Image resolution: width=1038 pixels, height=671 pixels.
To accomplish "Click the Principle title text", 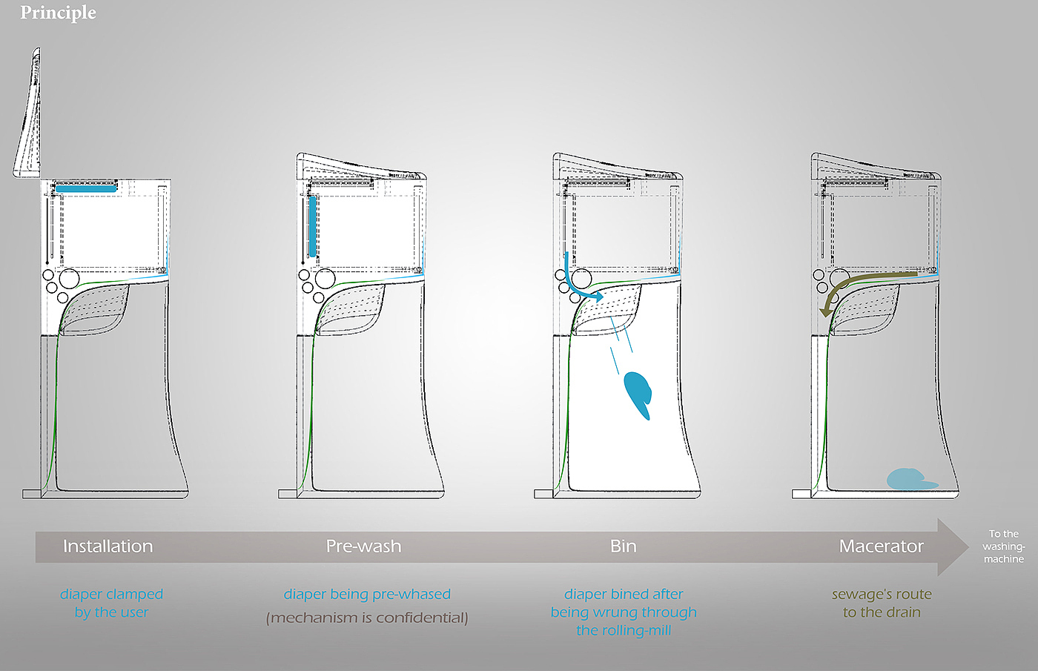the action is [58, 13].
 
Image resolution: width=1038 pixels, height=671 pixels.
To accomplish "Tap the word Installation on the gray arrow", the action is [108, 546].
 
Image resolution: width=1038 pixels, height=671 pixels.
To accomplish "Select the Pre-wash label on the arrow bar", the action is [364, 546].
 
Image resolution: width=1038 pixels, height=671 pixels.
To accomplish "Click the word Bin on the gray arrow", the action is [624, 546].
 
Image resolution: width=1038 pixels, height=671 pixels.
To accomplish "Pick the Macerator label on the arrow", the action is [882, 546].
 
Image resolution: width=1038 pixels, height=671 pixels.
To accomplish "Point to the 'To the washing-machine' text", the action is [1004, 546].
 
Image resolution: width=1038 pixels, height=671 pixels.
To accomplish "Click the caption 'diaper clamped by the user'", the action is [112, 604].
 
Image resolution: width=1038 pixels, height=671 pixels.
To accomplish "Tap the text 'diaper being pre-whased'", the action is [367, 595].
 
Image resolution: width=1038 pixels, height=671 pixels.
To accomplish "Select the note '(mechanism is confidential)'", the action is [367, 618].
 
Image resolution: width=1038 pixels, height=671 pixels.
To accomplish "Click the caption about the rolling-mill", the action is [624, 612].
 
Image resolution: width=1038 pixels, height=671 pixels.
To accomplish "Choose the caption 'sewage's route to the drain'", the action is [882, 604].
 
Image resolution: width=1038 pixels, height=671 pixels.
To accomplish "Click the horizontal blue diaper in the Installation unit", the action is [86, 188].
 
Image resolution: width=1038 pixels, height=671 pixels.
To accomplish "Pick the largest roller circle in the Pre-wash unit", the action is [325, 279].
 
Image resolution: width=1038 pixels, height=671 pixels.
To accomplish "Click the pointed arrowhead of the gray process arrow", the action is [968, 547].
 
